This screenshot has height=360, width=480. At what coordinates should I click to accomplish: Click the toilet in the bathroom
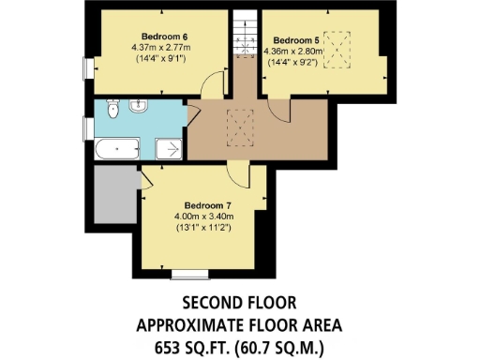(113, 111)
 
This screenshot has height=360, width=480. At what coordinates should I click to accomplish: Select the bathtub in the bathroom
(115, 147)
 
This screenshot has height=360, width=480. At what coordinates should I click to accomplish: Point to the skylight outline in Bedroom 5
(335, 55)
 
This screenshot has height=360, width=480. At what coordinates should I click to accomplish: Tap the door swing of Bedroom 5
(282, 110)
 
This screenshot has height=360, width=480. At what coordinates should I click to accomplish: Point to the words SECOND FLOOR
(239, 303)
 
